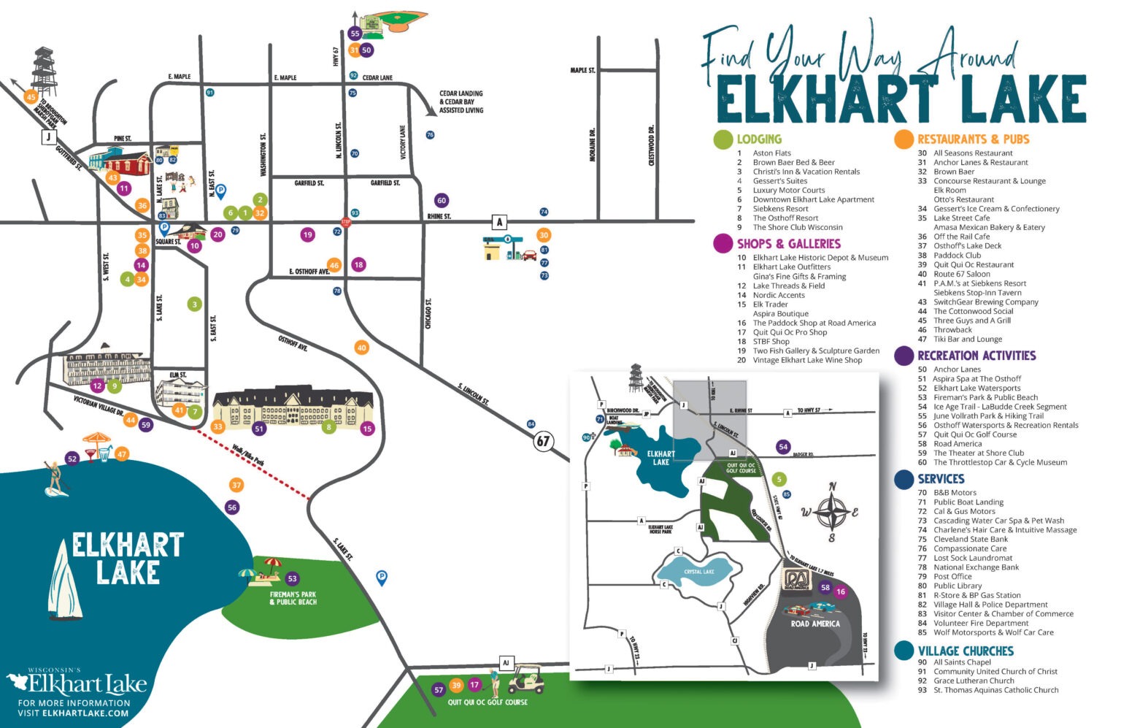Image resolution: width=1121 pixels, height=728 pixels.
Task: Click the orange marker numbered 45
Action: click(x=31, y=97)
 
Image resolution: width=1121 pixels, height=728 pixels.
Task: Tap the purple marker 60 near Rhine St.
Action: click(x=441, y=200)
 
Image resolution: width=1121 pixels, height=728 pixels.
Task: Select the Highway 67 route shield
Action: click(x=543, y=441)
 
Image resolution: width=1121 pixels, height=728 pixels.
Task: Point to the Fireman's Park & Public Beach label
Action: click(x=293, y=598)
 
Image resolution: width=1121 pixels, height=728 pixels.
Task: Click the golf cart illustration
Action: click(x=525, y=680)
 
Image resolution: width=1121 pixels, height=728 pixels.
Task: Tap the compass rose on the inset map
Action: click(x=831, y=512)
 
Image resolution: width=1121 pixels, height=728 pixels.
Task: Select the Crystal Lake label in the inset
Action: click(x=698, y=572)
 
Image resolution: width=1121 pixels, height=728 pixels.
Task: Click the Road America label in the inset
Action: click(x=814, y=624)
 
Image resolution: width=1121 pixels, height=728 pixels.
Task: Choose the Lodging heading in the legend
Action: click(x=758, y=139)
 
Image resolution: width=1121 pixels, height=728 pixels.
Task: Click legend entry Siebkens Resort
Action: click(x=780, y=209)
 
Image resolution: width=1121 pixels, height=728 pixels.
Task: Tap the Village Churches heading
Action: click(x=965, y=651)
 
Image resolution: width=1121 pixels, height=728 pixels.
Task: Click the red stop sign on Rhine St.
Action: click(x=346, y=222)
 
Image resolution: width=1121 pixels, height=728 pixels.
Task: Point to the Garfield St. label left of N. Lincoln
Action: click(x=309, y=183)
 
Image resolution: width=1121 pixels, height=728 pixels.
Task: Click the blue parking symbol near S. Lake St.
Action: click(x=381, y=578)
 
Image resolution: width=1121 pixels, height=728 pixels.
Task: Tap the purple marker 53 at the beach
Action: click(x=293, y=579)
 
